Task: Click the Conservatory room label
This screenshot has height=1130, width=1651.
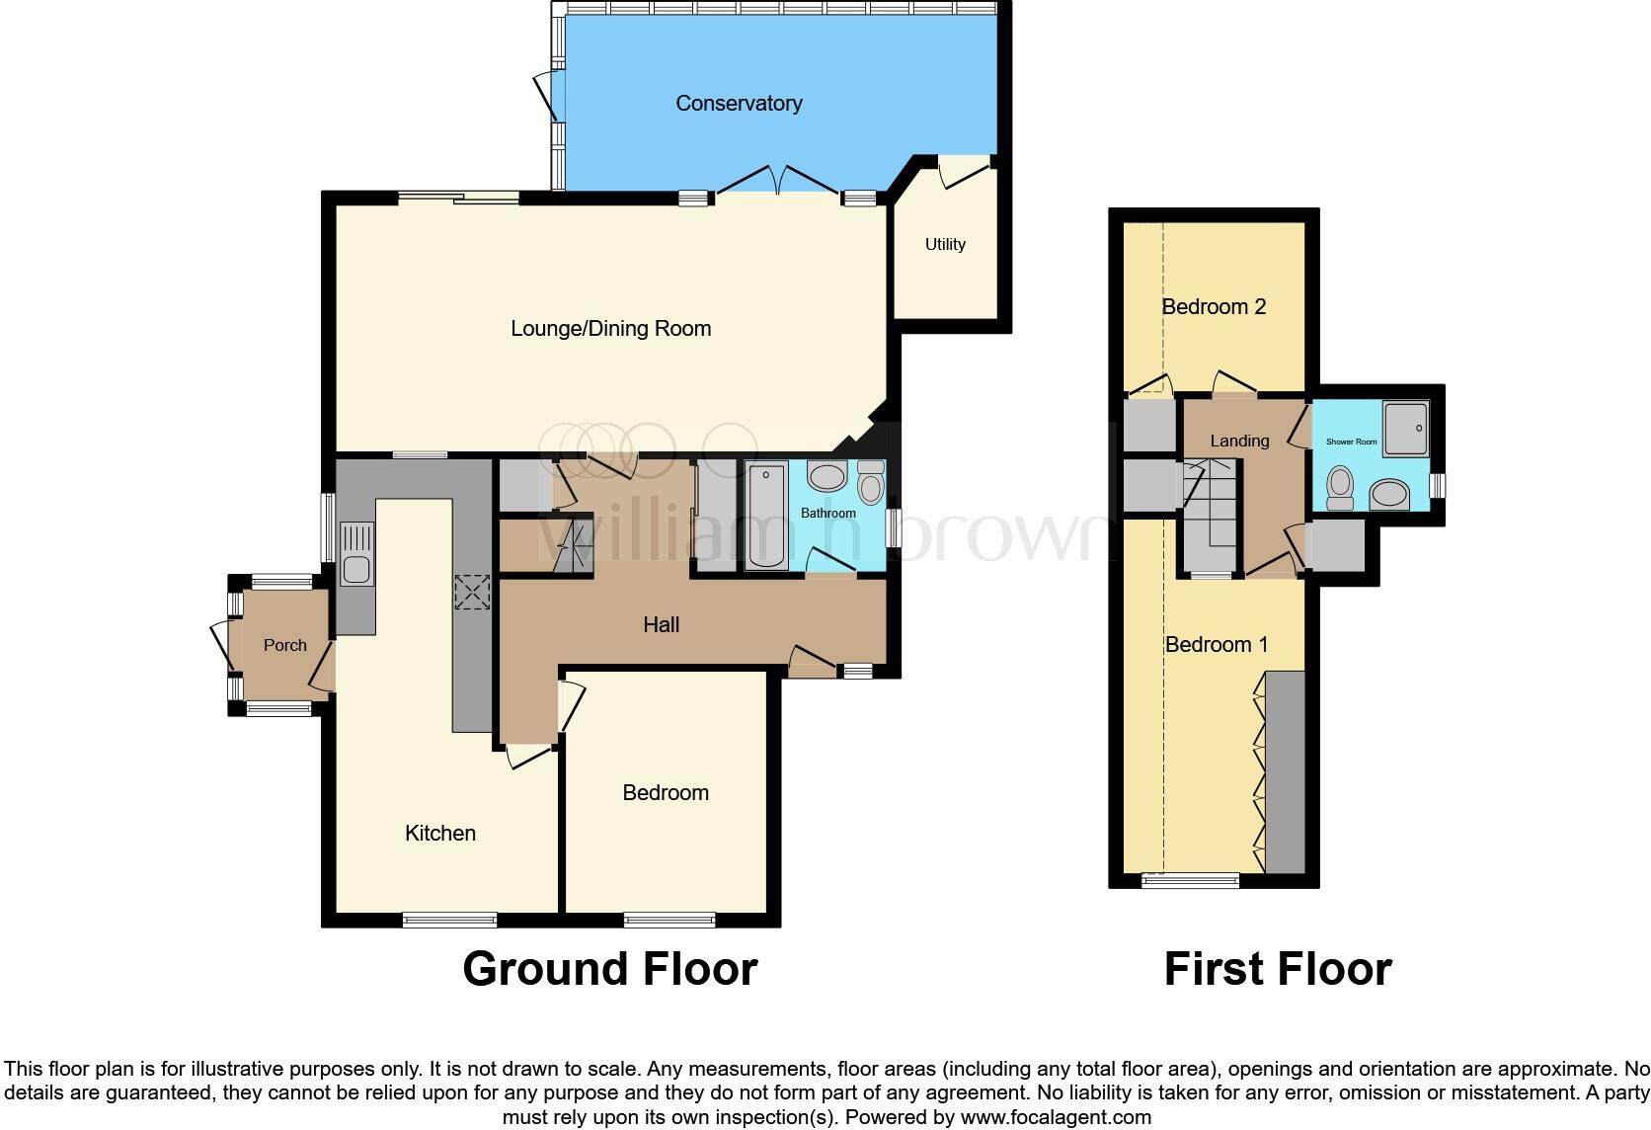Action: click(739, 103)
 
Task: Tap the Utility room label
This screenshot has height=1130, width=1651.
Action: click(945, 244)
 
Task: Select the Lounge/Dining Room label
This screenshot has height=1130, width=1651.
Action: click(610, 328)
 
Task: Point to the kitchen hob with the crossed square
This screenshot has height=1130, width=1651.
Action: click(472, 593)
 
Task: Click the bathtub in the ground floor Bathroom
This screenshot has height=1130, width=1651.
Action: click(766, 516)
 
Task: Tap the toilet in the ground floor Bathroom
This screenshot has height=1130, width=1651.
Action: click(871, 484)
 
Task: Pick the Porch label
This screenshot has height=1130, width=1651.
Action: click(284, 645)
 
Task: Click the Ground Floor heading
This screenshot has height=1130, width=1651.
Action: click(609, 969)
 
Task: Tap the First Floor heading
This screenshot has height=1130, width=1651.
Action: click(1278, 969)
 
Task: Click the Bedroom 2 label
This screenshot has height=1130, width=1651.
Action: click(1214, 306)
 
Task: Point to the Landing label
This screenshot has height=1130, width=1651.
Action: click(1239, 441)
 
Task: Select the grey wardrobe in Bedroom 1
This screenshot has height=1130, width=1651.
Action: click(1285, 771)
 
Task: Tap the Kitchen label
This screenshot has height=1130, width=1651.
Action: click(440, 833)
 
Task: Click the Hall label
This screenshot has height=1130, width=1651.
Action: click(661, 624)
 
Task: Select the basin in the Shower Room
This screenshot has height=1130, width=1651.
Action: click(1389, 493)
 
